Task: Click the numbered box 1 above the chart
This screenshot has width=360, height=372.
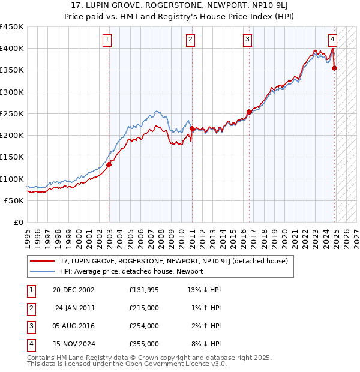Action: (107, 40)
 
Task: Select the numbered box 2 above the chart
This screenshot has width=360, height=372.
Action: (190, 40)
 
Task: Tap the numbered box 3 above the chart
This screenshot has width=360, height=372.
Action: (247, 40)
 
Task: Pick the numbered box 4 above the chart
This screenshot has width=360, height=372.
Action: (332, 40)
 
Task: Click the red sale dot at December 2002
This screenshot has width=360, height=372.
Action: (109, 164)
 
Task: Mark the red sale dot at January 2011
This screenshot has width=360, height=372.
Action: (192, 128)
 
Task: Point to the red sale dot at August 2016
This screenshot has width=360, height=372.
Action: (249, 112)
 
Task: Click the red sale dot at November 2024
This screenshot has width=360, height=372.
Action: (334, 68)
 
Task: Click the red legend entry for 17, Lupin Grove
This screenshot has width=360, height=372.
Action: (174, 261)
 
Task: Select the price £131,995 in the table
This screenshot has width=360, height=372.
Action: (144, 290)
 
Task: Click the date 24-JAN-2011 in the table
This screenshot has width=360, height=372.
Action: (75, 308)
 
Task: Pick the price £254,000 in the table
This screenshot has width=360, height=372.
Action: (144, 326)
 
